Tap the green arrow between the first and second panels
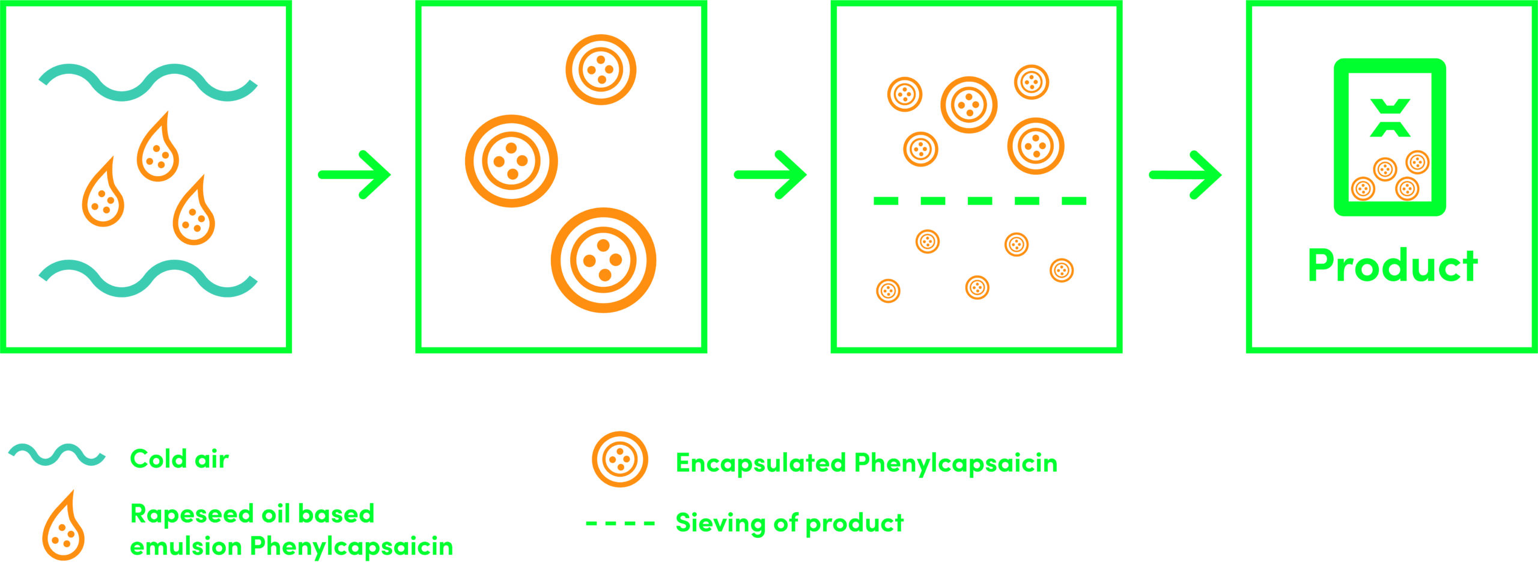click(354, 175)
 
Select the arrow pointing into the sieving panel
click(770, 175)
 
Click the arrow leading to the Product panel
click(1185, 175)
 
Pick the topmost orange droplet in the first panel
click(157, 146)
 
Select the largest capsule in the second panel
click(603, 260)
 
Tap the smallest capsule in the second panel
click(601, 70)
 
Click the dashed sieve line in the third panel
click(980, 201)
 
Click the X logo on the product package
click(1390, 118)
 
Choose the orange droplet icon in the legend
click(63, 526)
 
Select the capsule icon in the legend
click(620, 459)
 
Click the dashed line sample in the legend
click(620, 524)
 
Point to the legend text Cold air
click(179, 459)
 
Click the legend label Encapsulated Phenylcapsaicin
click(866, 463)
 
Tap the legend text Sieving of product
click(789, 524)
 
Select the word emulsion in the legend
click(186, 546)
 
